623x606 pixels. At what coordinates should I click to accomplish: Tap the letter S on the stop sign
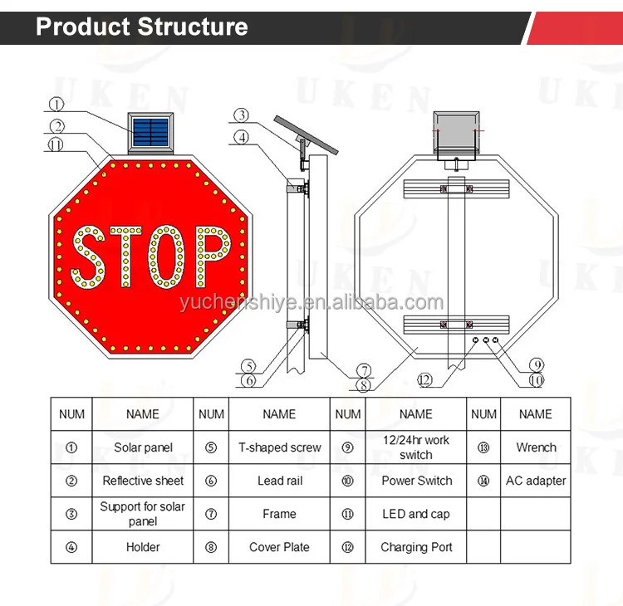point(87,256)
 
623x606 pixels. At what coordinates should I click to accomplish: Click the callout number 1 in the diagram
point(56,105)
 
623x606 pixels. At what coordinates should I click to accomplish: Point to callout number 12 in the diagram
point(425,379)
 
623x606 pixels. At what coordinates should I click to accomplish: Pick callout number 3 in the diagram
point(241,115)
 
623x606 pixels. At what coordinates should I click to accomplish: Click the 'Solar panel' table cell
point(143,447)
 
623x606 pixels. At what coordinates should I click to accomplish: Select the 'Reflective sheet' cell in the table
point(143,481)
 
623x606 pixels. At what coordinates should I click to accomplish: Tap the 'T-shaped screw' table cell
point(279,447)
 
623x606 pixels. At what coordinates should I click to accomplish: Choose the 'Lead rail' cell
point(279,481)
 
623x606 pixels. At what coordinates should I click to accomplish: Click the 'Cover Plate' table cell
point(279,547)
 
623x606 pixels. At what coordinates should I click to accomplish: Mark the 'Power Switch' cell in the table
point(416,481)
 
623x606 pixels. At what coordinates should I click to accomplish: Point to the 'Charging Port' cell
point(416,547)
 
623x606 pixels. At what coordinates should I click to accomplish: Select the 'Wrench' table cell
point(536,447)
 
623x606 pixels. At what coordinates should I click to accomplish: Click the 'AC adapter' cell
point(536,481)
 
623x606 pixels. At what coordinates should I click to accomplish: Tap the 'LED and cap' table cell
point(416,514)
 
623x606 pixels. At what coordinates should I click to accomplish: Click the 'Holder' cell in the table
point(143,547)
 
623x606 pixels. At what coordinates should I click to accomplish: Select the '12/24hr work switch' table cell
point(416,447)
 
